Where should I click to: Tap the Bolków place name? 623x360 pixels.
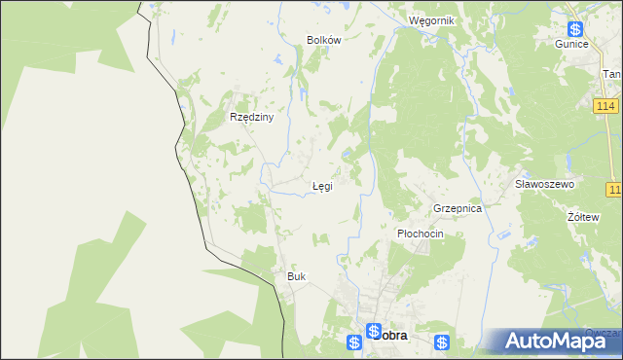pos(323,40)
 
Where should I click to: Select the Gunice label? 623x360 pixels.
pos(571,45)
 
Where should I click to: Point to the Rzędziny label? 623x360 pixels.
pos(252,117)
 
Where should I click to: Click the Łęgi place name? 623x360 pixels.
pos(321,186)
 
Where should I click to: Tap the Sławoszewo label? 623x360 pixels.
pos(545,183)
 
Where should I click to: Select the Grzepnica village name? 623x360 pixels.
pos(458,208)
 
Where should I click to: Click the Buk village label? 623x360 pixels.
pos(296,276)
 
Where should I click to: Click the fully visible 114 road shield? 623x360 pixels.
pos(605,105)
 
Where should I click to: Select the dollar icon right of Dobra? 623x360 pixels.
pos(442,342)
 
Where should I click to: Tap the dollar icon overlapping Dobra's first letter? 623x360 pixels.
pos(373,331)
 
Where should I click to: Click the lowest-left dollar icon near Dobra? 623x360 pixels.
pos(354,342)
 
